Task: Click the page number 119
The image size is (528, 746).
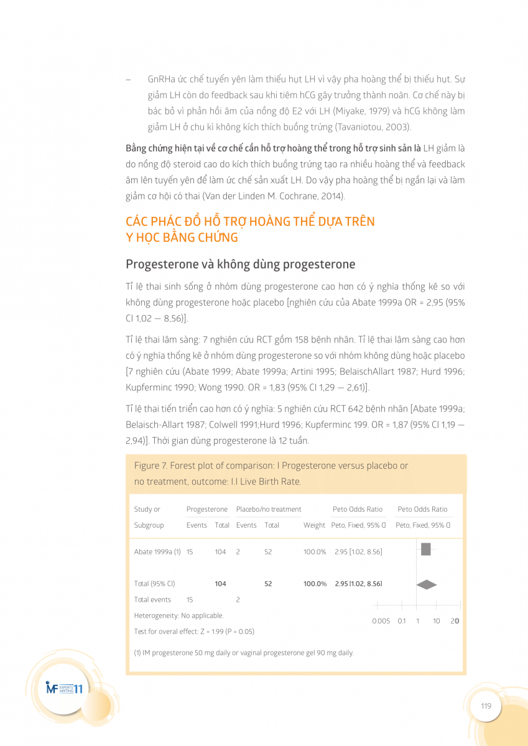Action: (x=486, y=706)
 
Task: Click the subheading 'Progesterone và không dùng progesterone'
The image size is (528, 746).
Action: (x=240, y=264)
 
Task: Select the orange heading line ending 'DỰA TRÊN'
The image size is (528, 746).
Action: (x=250, y=222)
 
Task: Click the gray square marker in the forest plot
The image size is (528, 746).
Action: (x=426, y=549)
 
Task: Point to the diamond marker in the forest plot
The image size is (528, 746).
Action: (x=427, y=584)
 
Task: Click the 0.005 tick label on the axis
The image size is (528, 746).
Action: (x=381, y=621)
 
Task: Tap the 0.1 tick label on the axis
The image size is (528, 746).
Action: (x=402, y=621)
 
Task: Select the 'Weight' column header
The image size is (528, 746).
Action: (x=314, y=525)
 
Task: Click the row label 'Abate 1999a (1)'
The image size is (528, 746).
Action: (x=157, y=552)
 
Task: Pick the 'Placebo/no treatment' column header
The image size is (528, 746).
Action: (x=269, y=509)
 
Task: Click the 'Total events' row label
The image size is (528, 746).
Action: (x=152, y=600)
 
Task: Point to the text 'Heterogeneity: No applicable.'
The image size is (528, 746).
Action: (x=178, y=615)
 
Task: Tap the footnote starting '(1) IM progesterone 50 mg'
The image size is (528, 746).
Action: (x=244, y=653)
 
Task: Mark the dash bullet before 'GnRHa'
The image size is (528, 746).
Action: (x=127, y=80)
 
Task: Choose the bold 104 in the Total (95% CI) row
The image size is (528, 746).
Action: (x=220, y=584)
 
